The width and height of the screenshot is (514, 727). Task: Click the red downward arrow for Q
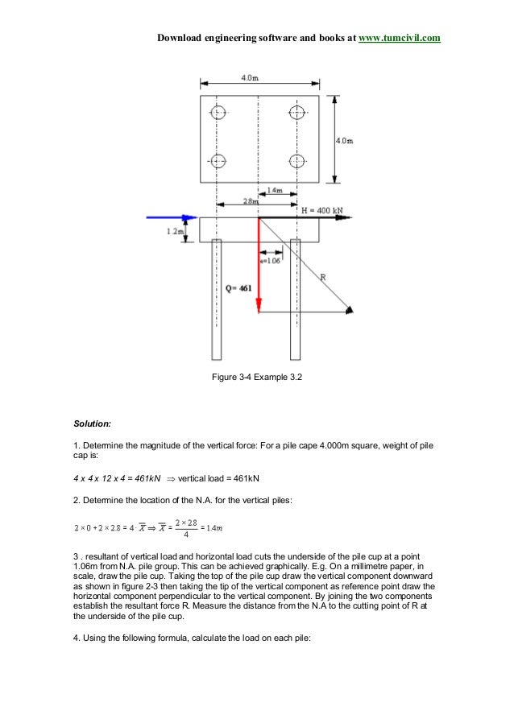pos(259,266)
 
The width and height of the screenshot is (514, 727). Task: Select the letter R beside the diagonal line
pos(322,277)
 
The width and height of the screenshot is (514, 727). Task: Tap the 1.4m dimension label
pos(275,191)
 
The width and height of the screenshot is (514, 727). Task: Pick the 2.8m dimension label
pos(251,201)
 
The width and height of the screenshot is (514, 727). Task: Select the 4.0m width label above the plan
pos(249,77)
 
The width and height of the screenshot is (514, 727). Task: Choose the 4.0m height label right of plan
pos(343,140)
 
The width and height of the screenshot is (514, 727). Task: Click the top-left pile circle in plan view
pos(218,111)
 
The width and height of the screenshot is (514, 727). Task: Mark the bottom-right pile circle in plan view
pos(297,159)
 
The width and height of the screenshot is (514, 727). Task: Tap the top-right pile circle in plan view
pos(297,111)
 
